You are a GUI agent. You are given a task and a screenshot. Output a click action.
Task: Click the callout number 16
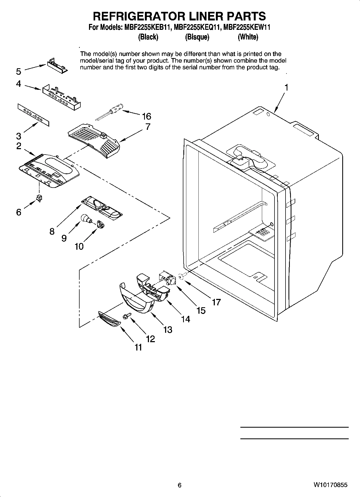pos(147,116)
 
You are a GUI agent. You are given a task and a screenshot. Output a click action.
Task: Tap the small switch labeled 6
pos(39,198)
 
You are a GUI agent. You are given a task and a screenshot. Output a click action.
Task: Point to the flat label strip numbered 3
pos(34,115)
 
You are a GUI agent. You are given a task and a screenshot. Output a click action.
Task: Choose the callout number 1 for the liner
pos(287,88)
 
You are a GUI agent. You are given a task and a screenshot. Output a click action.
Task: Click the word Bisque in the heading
pos(197,37)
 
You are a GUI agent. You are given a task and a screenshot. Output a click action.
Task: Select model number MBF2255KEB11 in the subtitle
pos(147,27)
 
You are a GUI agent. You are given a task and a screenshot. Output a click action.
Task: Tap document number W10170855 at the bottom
pos(330,485)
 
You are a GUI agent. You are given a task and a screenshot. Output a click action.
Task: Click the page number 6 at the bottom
pos(180,485)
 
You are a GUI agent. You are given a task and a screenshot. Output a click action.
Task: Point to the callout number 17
pos(216,302)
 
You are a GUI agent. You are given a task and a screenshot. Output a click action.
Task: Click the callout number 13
pos(168,330)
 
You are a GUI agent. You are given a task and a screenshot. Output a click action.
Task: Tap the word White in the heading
pos(248,37)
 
